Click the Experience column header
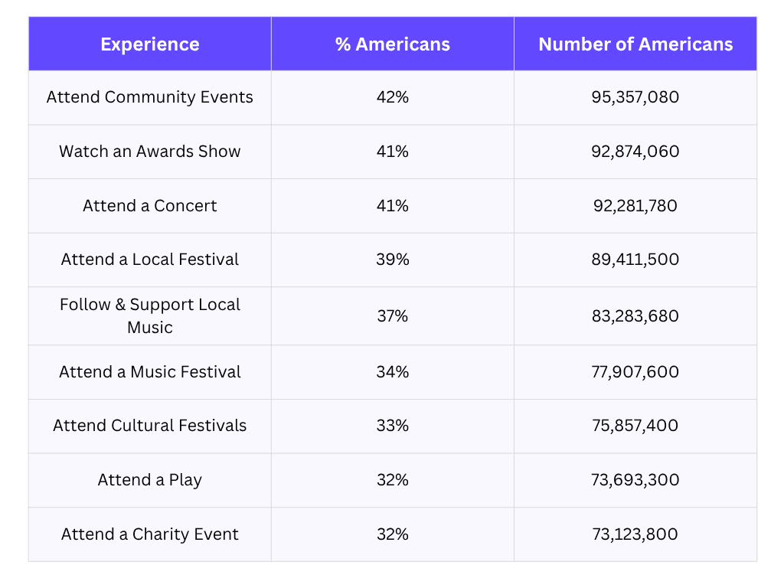click(x=150, y=44)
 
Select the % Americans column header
click(x=392, y=44)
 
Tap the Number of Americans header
click(x=635, y=44)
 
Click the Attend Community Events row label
click(x=150, y=97)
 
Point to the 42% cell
click(x=392, y=97)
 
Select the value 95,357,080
click(x=635, y=97)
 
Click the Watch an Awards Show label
click(x=150, y=152)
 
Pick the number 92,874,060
click(x=635, y=152)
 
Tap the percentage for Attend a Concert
click(x=392, y=206)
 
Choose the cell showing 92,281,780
click(x=635, y=206)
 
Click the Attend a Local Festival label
click(x=150, y=260)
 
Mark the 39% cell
click(x=392, y=260)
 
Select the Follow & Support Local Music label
click(x=150, y=315)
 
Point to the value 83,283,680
click(x=635, y=315)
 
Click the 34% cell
click(x=392, y=372)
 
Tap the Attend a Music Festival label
click(x=150, y=372)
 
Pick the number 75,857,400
click(x=635, y=426)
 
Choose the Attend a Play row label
click(x=150, y=480)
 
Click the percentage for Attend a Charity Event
click(x=392, y=534)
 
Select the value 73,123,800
click(x=635, y=534)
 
